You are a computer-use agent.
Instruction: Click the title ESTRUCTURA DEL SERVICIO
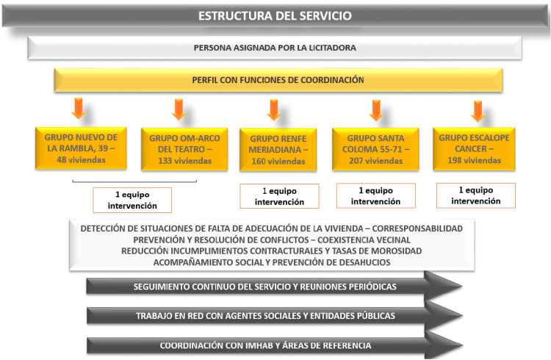pos(275,16)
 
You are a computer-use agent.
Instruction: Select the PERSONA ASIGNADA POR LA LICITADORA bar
pos(275,48)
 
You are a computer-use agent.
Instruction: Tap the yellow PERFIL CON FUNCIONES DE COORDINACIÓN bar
pos(278,80)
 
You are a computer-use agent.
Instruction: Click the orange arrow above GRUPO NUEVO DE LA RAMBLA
pos(79,109)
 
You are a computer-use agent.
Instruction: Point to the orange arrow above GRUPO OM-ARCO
pos(179,109)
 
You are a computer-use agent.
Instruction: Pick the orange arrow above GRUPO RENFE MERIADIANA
pos(274,109)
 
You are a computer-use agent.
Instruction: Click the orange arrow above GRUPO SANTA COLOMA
pos(376,110)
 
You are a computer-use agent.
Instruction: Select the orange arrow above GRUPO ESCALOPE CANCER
pos(478,111)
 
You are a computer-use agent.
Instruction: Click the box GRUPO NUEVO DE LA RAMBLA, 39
pos(81,148)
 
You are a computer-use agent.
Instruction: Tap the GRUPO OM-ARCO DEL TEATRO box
pos(184,149)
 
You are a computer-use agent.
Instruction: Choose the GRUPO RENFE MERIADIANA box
pos(278,150)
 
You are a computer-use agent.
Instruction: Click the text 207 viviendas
pos(375,161)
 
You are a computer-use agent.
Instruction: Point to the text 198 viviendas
pos(474,160)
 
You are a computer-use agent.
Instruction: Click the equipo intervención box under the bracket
pos(132,200)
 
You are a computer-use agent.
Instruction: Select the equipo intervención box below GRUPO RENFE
pos(279,196)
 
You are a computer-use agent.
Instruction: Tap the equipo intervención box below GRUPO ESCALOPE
pos(476,195)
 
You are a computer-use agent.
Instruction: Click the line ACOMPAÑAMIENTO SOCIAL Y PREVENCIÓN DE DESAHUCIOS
pos(272,262)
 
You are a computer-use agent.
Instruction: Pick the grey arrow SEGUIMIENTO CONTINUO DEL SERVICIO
pos(274,287)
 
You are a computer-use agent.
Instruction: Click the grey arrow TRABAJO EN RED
pos(274,316)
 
